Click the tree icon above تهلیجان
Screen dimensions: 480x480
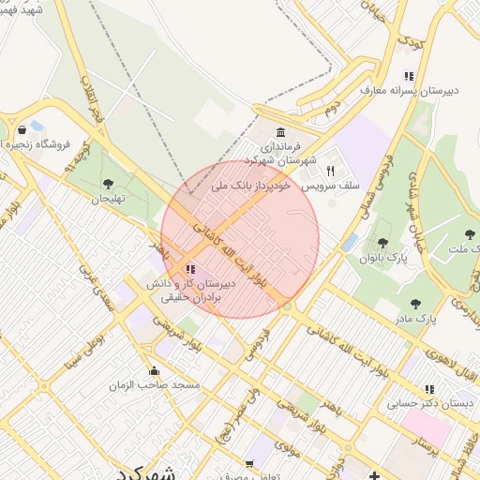pos(108,184)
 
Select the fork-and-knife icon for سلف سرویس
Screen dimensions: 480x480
pos(330,171)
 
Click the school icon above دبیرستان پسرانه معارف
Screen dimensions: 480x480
pos(408,76)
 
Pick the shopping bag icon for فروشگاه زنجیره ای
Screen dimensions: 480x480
pos(22,130)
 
